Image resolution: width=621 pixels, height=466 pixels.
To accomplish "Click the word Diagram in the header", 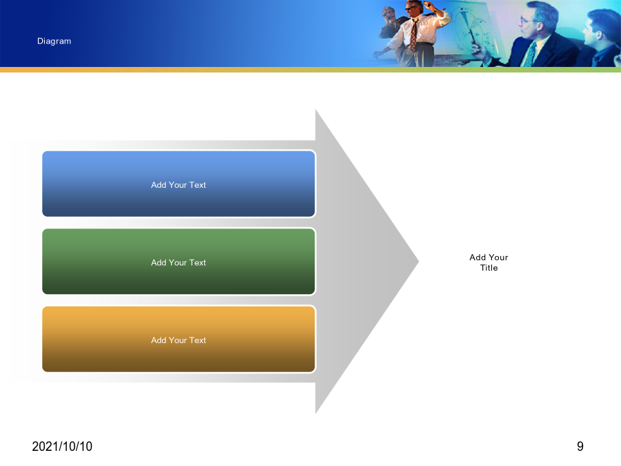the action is click(x=55, y=41).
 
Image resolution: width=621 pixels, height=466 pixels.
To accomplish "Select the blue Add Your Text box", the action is click(x=179, y=184).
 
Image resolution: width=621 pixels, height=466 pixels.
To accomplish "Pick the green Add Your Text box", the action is click(x=179, y=262).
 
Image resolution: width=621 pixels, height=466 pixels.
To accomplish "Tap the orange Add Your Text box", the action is click(x=179, y=339).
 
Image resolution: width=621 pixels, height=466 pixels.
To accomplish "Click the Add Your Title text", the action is click(x=489, y=262).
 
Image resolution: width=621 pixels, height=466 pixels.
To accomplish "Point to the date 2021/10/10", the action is click(x=62, y=447).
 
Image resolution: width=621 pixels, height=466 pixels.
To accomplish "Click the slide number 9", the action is click(x=580, y=447).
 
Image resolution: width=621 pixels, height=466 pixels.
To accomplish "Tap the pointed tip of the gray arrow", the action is click(x=418, y=262).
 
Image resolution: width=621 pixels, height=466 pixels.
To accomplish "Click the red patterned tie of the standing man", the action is click(x=413, y=36).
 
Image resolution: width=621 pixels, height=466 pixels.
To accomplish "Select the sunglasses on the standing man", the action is click(x=411, y=8).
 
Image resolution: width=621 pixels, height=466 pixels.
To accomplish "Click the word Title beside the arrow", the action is click(x=489, y=268).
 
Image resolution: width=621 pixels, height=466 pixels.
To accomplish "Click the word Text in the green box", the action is click(x=197, y=263).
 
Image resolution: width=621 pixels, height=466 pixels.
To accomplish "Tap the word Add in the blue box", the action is click(x=159, y=185).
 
